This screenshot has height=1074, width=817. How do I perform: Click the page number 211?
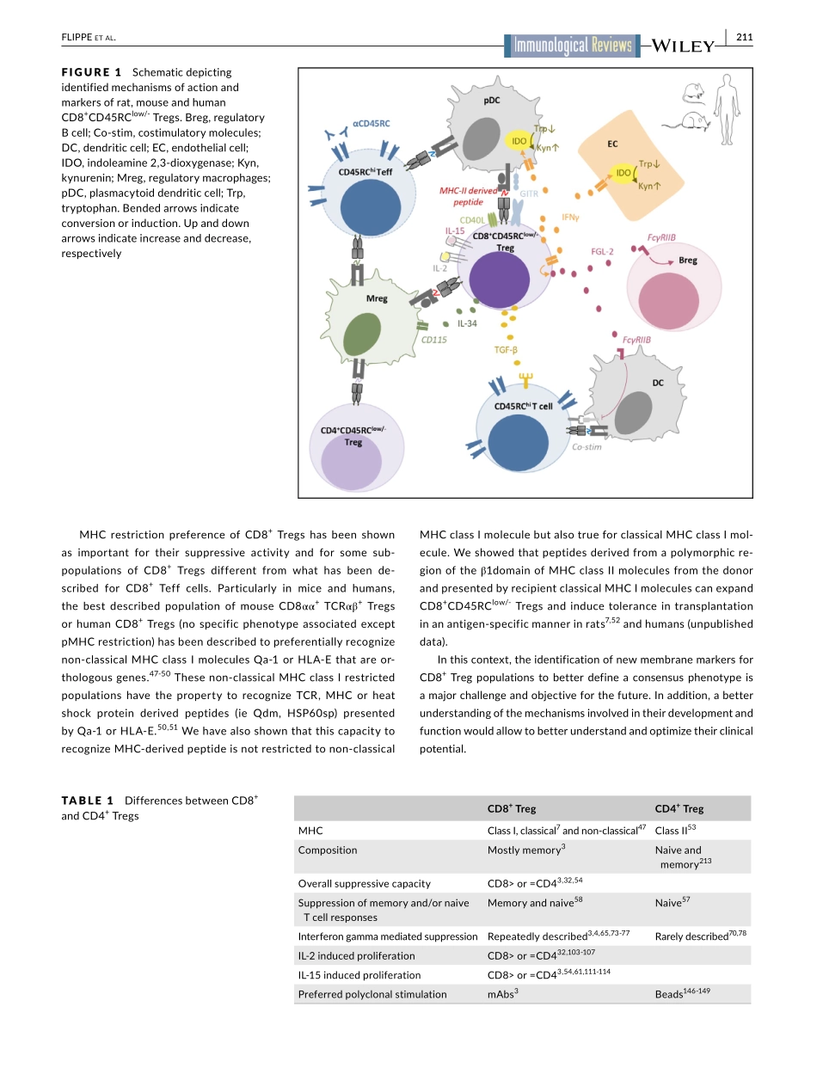pos(745,36)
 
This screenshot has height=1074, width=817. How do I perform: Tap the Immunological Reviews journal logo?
pos(573,46)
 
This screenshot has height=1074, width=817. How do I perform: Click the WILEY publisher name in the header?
pos(685,46)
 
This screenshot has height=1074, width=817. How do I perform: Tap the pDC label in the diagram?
pos(492,100)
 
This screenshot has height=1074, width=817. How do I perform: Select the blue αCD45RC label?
pos(371,124)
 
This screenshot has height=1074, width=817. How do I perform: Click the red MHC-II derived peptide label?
pos(468,196)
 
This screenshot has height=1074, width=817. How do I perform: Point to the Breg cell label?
pos(688,260)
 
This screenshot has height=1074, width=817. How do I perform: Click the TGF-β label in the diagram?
pos(506,350)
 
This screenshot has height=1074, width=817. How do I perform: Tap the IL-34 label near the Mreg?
pos(467,324)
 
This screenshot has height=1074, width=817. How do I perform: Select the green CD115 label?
pos(433,340)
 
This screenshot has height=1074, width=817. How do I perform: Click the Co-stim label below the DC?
pos(587,447)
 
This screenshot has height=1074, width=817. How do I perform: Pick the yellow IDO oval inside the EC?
pos(624,174)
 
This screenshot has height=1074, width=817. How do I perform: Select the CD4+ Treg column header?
pos(679,808)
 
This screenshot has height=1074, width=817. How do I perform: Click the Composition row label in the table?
pos(327,850)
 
